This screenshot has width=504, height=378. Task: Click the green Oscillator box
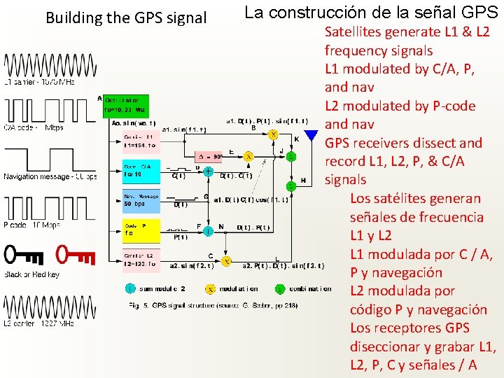pos(125,105)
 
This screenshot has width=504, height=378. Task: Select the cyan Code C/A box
pos(140,169)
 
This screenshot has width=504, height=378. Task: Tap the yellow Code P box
pos(140,229)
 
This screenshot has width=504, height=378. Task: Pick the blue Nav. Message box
pos(140,199)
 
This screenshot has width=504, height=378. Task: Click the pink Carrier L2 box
pos(140,259)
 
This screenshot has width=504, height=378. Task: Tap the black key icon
pos(25,254)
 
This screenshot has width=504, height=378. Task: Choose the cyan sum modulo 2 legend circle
pos(129,288)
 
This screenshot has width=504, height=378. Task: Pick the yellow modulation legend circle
pos(209,288)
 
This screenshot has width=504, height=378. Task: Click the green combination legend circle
pos(279,288)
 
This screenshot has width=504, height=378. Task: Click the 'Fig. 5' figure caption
pos(139,305)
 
